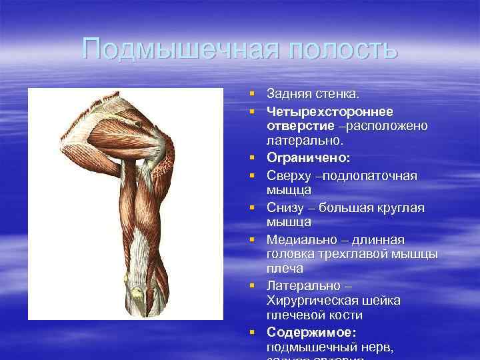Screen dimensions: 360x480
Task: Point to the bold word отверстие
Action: click(x=297, y=126)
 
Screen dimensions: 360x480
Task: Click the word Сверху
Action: click(x=288, y=175)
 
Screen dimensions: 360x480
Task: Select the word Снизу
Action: click(x=285, y=207)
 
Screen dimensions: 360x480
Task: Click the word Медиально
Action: click(x=298, y=239)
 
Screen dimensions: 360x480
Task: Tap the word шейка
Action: click(x=381, y=301)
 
